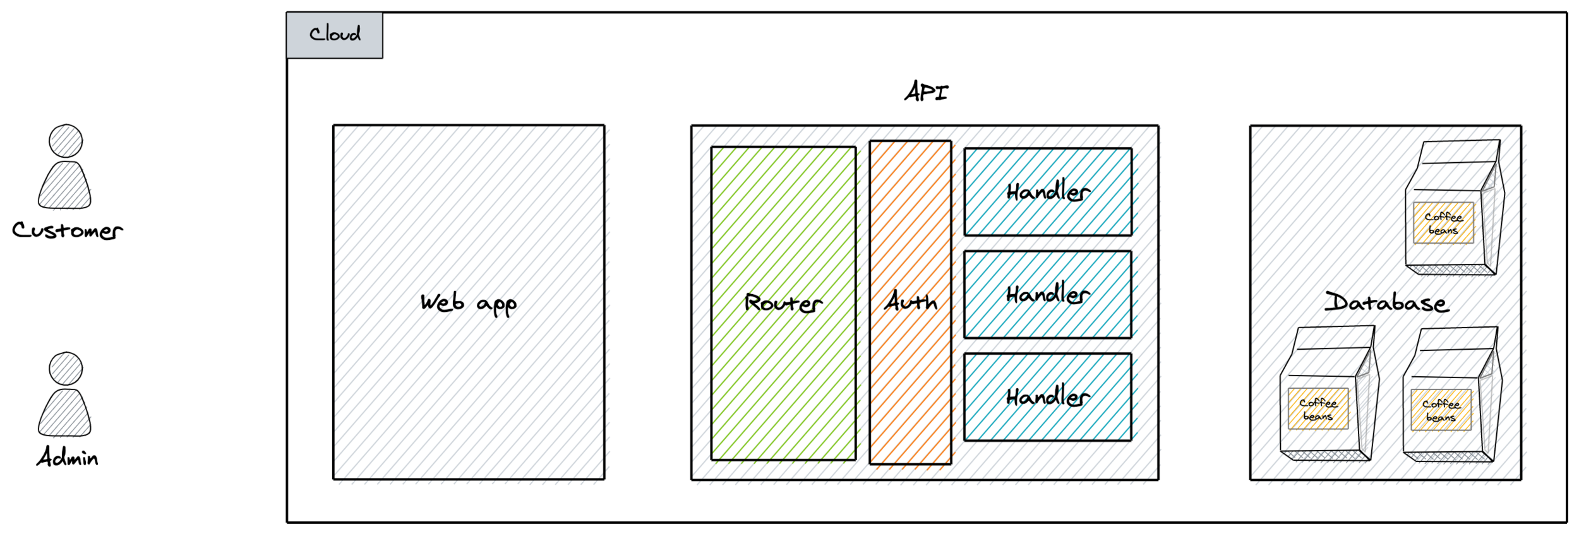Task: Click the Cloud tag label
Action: [334, 35]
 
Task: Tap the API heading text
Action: [926, 92]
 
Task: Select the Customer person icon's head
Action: [66, 141]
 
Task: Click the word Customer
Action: [67, 230]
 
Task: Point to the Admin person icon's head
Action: [66, 369]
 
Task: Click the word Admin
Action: [67, 457]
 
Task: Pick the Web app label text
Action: [468, 304]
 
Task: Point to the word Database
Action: [1386, 302]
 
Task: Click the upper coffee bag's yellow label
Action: [1443, 223]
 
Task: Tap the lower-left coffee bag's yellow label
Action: [1318, 409]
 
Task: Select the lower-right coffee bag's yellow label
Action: [1441, 410]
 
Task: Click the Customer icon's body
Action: [64, 186]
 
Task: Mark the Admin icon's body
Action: [64, 413]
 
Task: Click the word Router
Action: [783, 304]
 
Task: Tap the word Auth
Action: [910, 302]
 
